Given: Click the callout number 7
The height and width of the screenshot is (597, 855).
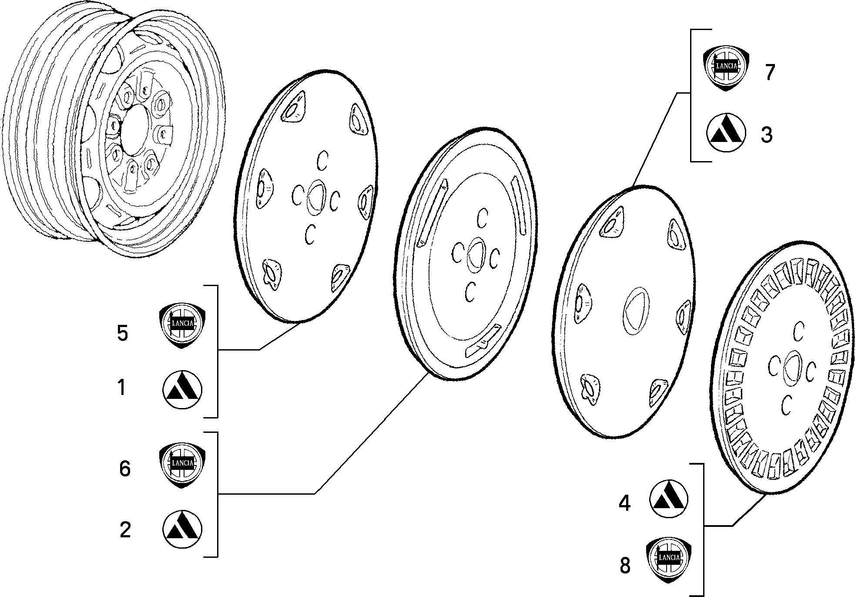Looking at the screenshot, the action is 770,72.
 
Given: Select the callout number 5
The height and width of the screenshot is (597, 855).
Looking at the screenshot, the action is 123,333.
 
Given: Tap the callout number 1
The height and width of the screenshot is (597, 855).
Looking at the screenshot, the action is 122,388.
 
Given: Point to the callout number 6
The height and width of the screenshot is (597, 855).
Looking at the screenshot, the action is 125,469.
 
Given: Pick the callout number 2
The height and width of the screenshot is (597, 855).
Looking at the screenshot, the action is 125,530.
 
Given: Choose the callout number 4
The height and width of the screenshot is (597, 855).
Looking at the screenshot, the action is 625,504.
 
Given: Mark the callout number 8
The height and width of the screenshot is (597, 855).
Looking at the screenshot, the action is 625,566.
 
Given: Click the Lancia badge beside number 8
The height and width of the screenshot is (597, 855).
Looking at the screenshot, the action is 669,559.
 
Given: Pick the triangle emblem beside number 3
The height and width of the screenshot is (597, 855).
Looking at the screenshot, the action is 726,132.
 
